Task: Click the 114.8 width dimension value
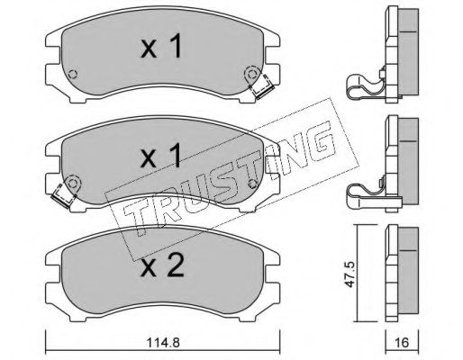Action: coord(163,342)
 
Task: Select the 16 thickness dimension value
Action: coord(402,342)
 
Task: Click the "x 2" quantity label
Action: coord(162,265)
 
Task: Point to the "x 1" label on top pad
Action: coord(161,46)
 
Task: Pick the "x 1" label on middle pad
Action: coord(161,155)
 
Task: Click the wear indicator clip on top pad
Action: coord(261,86)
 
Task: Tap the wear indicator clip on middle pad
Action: coord(63,195)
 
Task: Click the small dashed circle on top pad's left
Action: coord(73,74)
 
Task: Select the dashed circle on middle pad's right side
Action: coord(253,183)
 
